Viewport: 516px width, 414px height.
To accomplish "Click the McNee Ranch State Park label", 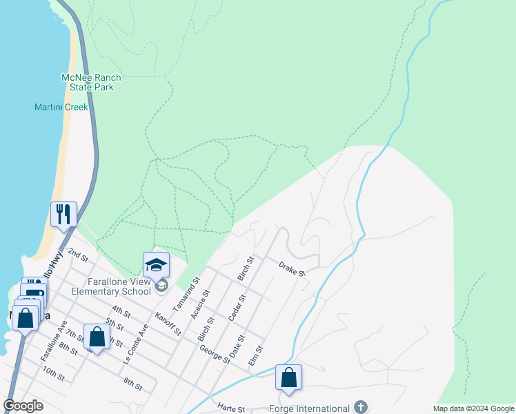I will [x=87, y=82].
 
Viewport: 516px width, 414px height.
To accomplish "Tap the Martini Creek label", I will [x=61, y=108].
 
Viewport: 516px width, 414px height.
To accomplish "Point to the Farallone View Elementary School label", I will [x=110, y=286].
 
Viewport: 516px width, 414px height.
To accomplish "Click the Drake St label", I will [x=292, y=268].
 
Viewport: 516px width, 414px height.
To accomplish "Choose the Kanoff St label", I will [x=168, y=324].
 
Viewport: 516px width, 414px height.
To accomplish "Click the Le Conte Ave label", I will [x=135, y=345].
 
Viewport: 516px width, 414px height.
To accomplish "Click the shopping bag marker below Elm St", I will [x=288, y=377].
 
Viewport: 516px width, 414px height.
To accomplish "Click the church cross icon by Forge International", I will [x=360, y=407].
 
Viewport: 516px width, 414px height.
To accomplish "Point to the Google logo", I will [x=23, y=406].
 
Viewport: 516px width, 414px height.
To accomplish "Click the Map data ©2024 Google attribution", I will [x=473, y=408].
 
